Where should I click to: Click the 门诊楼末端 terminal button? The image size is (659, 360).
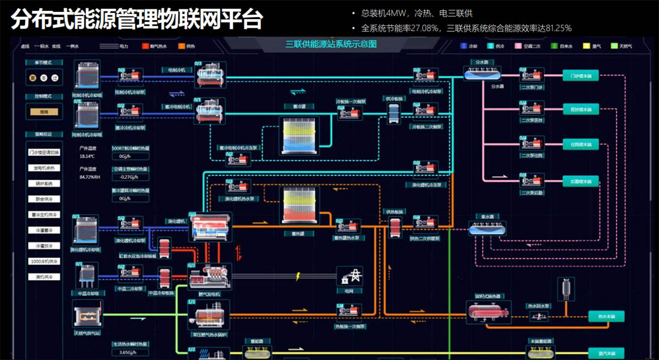pyautogui.click(x=580, y=76)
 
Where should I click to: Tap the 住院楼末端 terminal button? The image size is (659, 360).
pyautogui.click(x=580, y=144)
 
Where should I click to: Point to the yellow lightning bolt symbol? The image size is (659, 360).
pyautogui.click(x=297, y=277)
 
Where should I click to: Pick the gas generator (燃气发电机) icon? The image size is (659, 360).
pyautogui.click(x=209, y=277)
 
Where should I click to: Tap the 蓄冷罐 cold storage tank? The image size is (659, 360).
pyautogui.click(x=299, y=135)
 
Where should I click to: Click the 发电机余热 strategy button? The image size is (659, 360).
pyautogui.click(x=44, y=168)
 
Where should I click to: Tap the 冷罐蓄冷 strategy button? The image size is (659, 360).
pyautogui.click(x=44, y=230)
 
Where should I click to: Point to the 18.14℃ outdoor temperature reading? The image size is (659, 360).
pyautogui.click(x=87, y=156)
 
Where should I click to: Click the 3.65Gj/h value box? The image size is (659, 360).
pyautogui.click(x=124, y=352)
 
